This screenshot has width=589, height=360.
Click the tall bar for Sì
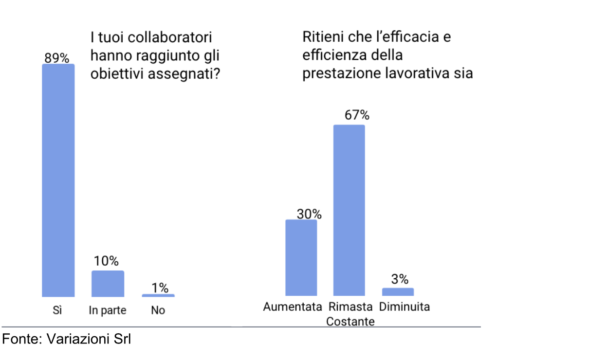(58, 180)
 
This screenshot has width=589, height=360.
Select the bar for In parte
(108, 284)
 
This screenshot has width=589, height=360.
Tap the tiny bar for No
(158, 295)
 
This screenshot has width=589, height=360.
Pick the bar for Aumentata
(301, 258)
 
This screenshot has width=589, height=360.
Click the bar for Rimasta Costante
(349, 210)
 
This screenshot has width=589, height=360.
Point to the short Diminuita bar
(398, 292)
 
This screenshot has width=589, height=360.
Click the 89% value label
(57, 58)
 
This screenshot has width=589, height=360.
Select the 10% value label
(107, 261)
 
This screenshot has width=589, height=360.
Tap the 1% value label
(160, 288)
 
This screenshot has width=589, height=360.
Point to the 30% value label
(310, 214)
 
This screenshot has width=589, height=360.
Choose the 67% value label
(357, 115)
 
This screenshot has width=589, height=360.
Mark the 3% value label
(400, 279)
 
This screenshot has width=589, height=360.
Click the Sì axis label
(57, 310)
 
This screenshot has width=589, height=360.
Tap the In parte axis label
(107, 310)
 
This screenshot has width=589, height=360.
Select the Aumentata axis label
(293, 307)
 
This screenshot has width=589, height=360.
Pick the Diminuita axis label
(404, 307)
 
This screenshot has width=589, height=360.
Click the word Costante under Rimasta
(350, 322)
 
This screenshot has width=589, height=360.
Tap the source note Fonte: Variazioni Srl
(67, 339)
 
